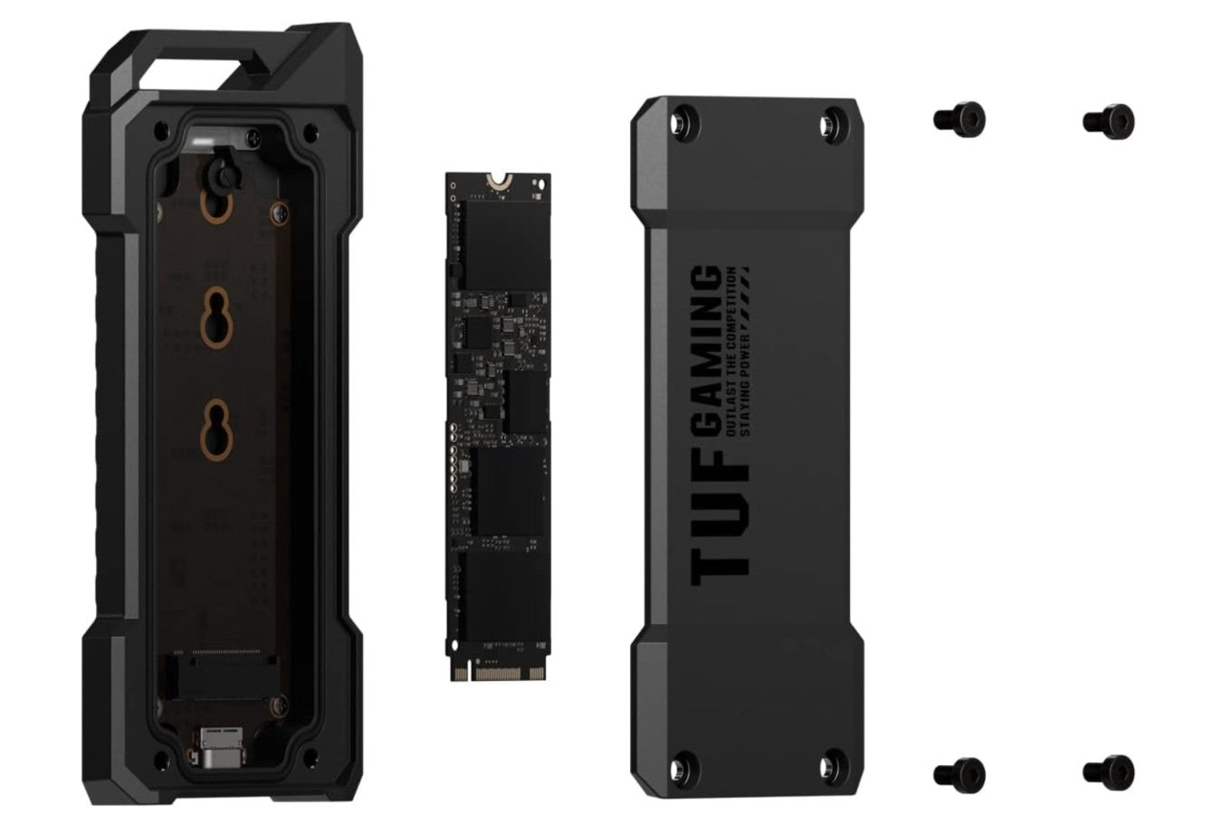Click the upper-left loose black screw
pyautogui.click(x=959, y=119)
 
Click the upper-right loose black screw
pyautogui.click(x=1109, y=120)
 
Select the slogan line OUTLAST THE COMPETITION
pyautogui.click(x=730, y=351)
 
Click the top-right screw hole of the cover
pyautogui.click(x=831, y=121)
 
